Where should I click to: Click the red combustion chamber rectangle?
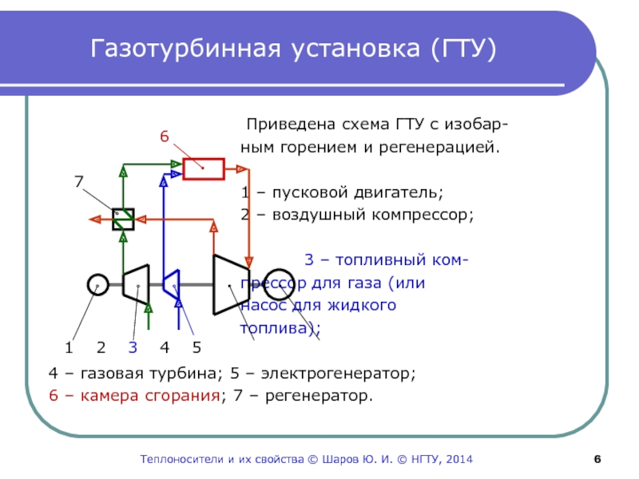pyautogui.click(x=203, y=168)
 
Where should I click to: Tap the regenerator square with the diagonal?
pyautogui.click(x=123, y=219)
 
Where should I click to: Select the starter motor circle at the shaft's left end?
pyautogui.click(x=97, y=284)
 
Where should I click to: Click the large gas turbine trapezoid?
pyautogui.click(x=228, y=285)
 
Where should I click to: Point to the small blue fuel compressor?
pyautogui.click(x=170, y=283)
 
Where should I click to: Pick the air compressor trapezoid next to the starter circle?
pyautogui.click(x=136, y=284)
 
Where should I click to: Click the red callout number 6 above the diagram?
pyautogui.click(x=164, y=137)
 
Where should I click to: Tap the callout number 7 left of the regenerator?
pyautogui.click(x=79, y=181)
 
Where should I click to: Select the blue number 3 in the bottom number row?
pyautogui.click(x=133, y=347)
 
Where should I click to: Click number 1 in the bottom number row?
pyautogui.click(x=69, y=347)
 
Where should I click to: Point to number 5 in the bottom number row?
pyautogui.click(x=196, y=347)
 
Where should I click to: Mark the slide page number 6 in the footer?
pyautogui.click(x=597, y=460)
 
